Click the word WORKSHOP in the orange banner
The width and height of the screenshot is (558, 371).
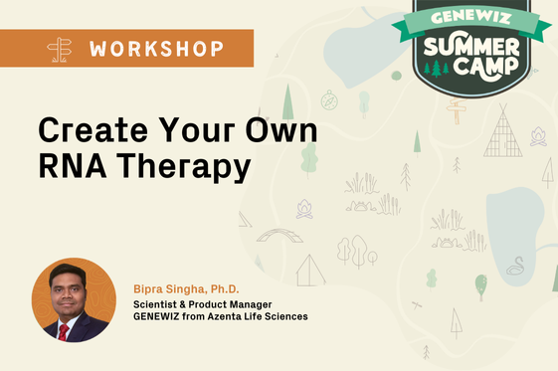click(x=153, y=48)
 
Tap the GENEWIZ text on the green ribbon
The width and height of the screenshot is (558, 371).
click(x=470, y=18)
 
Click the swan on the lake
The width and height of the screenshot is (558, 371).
click(x=517, y=266)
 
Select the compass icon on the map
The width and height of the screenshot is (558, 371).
click(x=329, y=99)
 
